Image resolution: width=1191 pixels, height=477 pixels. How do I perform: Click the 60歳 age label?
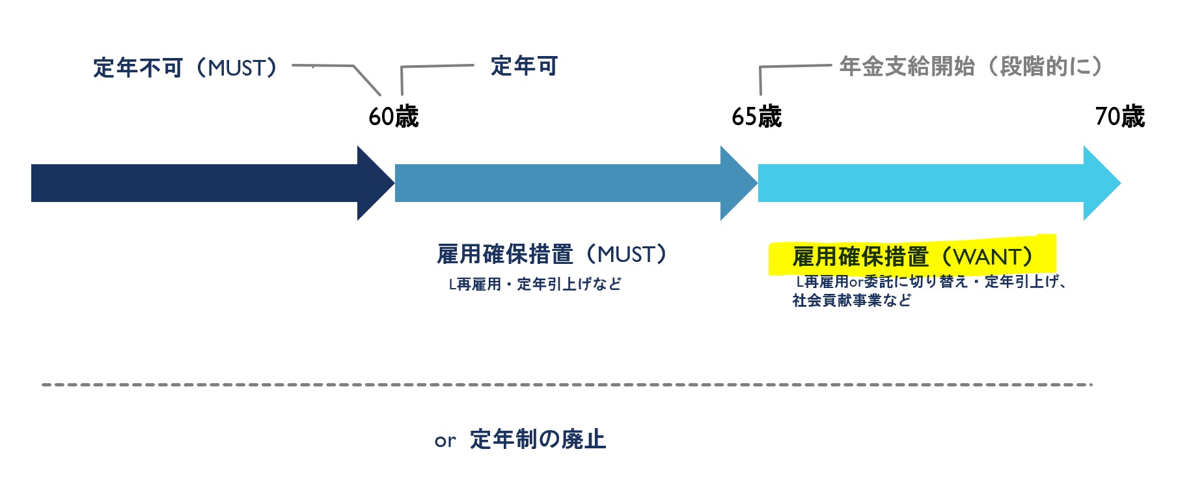(x=393, y=117)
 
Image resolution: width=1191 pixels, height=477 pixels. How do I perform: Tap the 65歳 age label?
(x=756, y=117)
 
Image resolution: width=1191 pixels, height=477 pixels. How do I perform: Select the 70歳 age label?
(x=1119, y=117)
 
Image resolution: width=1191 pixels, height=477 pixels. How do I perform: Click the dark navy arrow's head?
(x=375, y=183)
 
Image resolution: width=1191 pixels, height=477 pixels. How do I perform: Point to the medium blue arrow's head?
(x=738, y=183)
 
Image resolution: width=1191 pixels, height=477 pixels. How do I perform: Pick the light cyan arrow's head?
(x=1101, y=183)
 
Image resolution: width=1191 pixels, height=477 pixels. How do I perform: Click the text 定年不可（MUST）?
(x=185, y=68)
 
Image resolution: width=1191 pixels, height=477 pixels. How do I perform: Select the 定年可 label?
(x=524, y=66)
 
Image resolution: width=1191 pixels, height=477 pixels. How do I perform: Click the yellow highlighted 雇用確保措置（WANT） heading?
(x=911, y=257)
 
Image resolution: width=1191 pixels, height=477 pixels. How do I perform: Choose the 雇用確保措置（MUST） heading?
(x=552, y=254)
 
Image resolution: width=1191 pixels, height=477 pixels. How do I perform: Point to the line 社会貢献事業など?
(x=851, y=300)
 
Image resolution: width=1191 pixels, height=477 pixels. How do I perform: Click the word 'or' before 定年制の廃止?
(x=445, y=441)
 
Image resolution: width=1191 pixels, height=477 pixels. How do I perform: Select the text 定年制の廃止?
(x=538, y=439)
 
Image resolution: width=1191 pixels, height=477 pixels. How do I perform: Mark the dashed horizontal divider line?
(x=566, y=384)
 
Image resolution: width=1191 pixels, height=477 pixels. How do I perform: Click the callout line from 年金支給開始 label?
(x=794, y=66)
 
